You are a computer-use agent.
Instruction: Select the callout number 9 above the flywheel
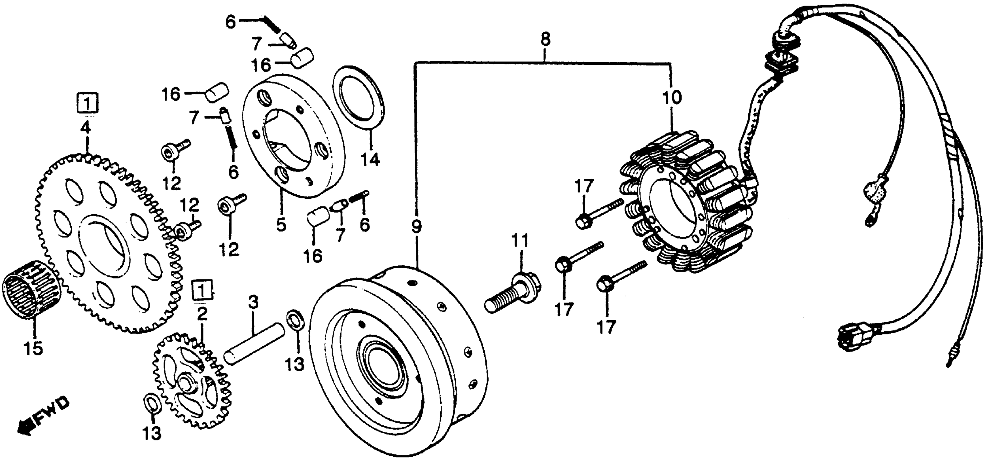416,227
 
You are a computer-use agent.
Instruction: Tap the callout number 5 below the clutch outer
281,224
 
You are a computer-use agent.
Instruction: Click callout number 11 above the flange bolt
520,241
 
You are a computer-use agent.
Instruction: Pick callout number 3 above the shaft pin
253,303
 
